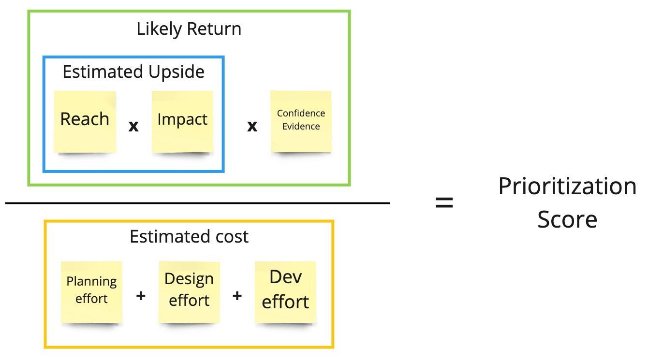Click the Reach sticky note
point(85,122)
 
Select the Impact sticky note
point(182,122)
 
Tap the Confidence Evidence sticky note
point(301,121)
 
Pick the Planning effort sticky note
point(91,292)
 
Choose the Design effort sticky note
point(189,292)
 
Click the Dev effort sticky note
point(285,292)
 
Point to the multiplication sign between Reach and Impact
point(133,126)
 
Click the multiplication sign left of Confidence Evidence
point(252,126)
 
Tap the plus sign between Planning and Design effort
point(141,296)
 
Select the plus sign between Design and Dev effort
point(237,296)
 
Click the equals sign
point(444,202)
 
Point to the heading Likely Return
point(189,29)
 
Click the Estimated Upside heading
point(133,72)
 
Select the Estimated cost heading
point(189,236)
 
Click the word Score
point(567,219)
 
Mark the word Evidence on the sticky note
point(301,126)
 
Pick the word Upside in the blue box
point(177,72)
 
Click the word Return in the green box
point(214,29)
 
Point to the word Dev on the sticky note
point(285,277)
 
